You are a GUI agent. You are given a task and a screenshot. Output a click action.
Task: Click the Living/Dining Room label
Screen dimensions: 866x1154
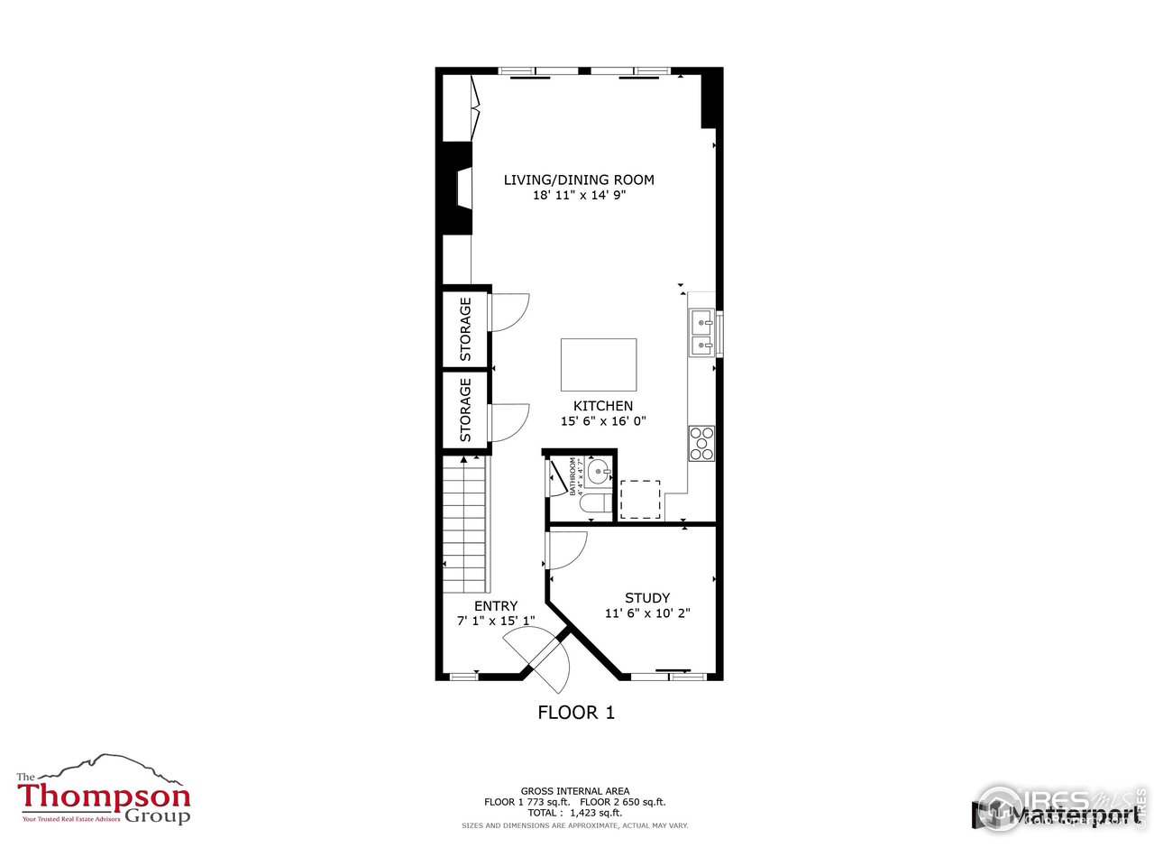pos(578,180)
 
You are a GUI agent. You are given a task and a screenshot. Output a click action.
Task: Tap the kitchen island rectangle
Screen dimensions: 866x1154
pos(599,363)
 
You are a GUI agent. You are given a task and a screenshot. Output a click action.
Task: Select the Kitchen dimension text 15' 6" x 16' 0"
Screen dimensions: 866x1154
pos(603,421)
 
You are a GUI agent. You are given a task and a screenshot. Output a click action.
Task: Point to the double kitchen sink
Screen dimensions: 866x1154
pos(701,333)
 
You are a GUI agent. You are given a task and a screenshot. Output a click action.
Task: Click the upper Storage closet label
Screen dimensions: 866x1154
pos(466,328)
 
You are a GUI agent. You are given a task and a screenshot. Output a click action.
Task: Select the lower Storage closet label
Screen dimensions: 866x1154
pos(466,410)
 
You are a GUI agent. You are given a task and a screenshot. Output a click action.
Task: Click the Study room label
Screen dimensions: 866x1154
pos(647,598)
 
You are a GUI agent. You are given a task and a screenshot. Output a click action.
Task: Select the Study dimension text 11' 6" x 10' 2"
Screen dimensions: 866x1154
pos(647,613)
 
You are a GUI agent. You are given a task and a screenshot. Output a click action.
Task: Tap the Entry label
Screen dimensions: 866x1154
pos(496,606)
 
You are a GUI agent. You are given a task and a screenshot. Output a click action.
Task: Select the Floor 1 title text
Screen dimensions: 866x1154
pos(576,713)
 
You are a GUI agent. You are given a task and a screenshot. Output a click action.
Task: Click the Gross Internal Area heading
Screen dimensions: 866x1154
pos(574,790)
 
